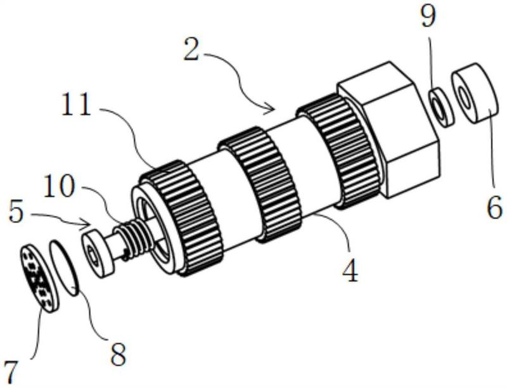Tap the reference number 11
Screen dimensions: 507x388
[77, 104]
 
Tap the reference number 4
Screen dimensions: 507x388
[350, 270]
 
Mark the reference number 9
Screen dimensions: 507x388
[428, 16]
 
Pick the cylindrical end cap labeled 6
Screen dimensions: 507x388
[475, 93]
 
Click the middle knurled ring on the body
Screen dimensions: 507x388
[259, 184]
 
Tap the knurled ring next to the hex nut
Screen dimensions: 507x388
[338, 150]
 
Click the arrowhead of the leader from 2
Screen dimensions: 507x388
[271, 110]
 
